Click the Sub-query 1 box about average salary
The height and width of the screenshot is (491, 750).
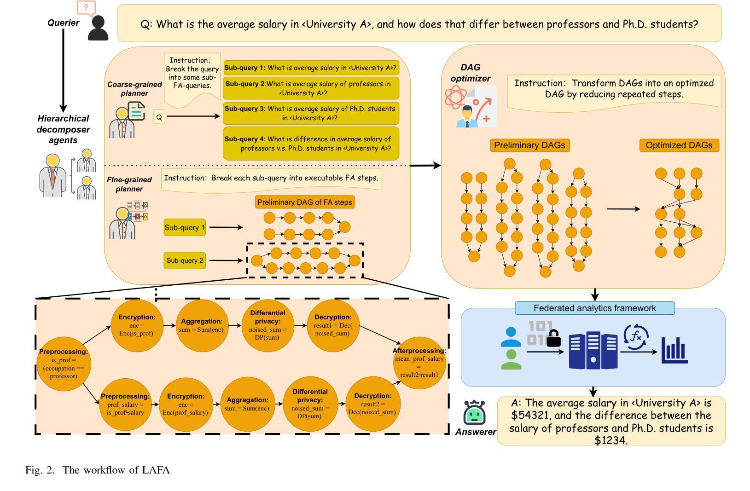(x=311, y=68)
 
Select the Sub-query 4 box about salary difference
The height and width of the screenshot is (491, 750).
(x=311, y=144)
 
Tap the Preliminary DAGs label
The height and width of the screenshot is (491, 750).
(x=529, y=145)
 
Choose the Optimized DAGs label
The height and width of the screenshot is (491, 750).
(x=679, y=145)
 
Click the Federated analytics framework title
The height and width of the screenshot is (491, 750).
(x=594, y=308)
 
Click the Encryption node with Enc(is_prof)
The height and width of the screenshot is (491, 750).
(x=137, y=325)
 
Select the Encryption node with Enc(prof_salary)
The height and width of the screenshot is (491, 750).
(x=185, y=404)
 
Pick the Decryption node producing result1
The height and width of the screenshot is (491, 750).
(x=333, y=325)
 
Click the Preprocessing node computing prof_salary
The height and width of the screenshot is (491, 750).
(x=125, y=404)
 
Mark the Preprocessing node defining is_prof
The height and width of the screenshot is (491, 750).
(x=64, y=364)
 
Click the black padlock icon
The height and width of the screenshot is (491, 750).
(x=553, y=338)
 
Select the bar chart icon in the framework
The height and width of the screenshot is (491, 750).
(x=674, y=351)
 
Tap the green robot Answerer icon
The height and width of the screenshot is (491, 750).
(x=475, y=412)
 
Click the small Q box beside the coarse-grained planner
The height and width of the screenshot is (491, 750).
(x=159, y=117)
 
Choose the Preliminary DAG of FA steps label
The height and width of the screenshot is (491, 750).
(x=305, y=202)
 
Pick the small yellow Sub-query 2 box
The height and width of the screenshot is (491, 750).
(x=185, y=260)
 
